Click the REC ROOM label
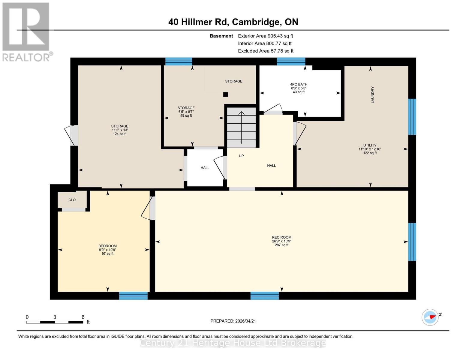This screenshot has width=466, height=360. pyautogui.click(x=281, y=237)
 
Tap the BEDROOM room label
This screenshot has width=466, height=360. pyautogui.click(x=107, y=246)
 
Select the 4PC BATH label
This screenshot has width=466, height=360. pyautogui.click(x=299, y=84)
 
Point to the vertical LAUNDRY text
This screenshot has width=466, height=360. pyautogui.click(x=372, y=95)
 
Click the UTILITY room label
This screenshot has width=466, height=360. pyautogui.click(x=370, y=145)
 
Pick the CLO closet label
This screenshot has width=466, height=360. pyautogui.click(x=72, y=200)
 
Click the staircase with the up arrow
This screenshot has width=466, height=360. pyautogui.click(x=241, y=127)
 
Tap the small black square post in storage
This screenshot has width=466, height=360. pyautogui.click(x=226, y=94)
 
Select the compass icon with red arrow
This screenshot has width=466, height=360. pyautogui.click(x=430, y=317)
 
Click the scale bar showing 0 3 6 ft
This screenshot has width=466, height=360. pyautogui.click(x=55, y=322)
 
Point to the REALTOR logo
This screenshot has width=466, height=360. pyautogui.click(x=26, y=31)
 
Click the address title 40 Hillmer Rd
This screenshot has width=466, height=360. pyautogui.click(x=233, y=22)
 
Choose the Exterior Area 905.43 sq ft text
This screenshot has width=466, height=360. pyautogui.click(x=265, y=36)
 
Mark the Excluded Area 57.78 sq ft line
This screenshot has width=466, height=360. pyautogui.click(x=266, y=51)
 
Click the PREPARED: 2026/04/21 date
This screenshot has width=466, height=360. pyautogui.click(x=233, y=321)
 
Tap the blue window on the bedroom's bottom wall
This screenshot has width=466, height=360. pyautogui.click(x=133, y=296)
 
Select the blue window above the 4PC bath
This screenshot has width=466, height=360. pyautogui.click(x=291, y=61)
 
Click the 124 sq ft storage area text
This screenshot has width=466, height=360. pyautogui.click(x=120, y=134)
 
